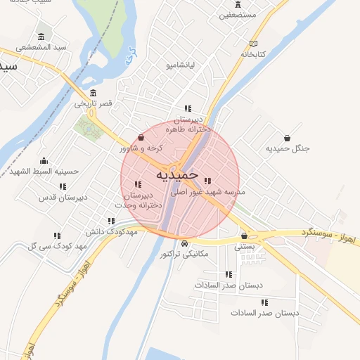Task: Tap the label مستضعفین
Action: pos(238,14)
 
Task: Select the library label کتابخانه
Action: pos(253,53)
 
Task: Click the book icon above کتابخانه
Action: pos(253,44)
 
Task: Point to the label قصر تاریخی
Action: pos(94,103)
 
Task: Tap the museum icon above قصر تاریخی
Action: pos(94,94)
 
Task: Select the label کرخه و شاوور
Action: pos(141,148)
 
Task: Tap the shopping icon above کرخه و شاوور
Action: pos(142,138)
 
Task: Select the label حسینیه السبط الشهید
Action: pos(44,171)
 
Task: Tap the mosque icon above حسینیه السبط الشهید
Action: pos(44,161)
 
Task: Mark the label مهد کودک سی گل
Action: pos(56,245)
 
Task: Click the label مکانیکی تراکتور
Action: pos(184,253)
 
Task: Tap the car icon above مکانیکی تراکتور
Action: pos(184,243)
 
